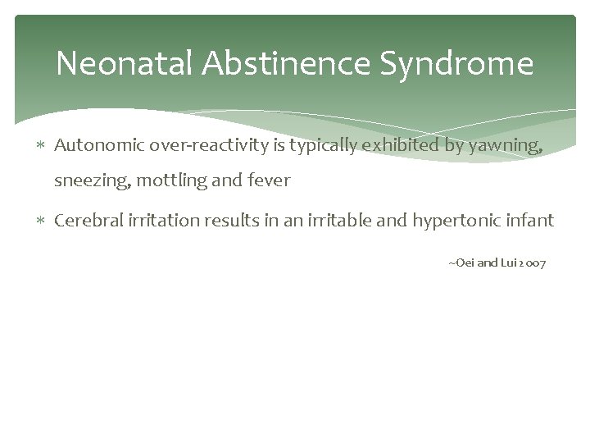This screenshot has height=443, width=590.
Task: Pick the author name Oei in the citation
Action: [x=463, y=263]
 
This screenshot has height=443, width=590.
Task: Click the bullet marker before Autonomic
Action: [x=43, y=146]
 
